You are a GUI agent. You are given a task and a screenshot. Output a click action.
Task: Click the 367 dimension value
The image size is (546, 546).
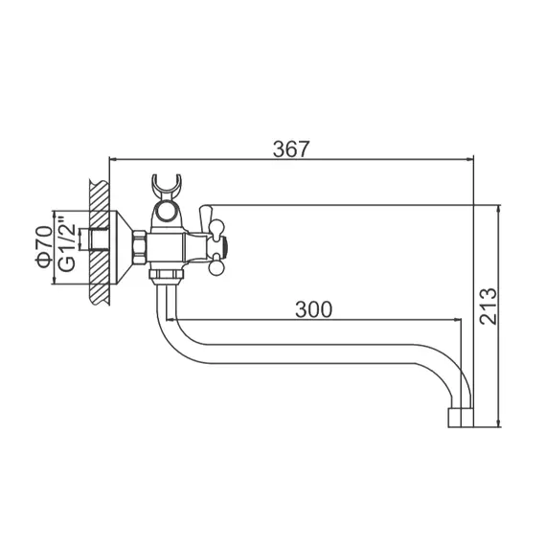tap(291, 148)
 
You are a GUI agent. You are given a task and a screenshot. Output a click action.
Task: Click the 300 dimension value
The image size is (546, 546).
tap(314, 308)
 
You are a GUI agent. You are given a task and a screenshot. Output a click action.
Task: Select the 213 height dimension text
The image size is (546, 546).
tap(489, 307)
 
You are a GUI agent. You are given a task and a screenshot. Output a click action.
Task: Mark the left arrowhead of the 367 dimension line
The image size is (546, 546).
tap(113, 160)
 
